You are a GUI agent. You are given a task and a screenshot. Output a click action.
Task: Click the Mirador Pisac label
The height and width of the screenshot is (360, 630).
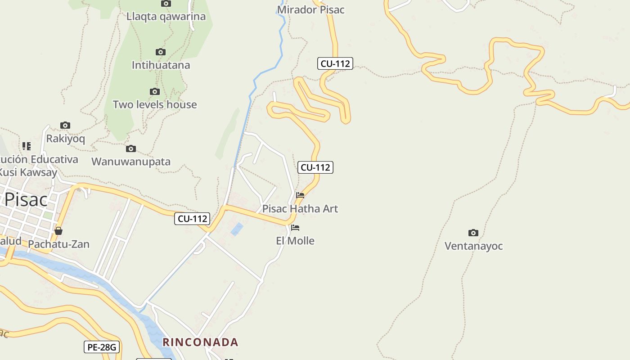click(x=310, y=10)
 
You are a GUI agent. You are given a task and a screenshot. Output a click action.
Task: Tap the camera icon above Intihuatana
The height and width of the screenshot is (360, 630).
click(x=161, y=52)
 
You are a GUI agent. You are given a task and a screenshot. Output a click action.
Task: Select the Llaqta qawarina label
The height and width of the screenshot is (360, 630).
click(x=166, y=17)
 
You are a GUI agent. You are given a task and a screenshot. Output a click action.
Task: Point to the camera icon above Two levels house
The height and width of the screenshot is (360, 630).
click(x=155, y=92)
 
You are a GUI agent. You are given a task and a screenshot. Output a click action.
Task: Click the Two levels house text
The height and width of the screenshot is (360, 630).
click(x=155, y=104)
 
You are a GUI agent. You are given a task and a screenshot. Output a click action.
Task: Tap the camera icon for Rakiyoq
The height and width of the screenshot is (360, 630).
click(x=65, y=126)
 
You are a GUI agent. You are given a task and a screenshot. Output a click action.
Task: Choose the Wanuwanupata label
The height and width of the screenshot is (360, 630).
click(x=131, y=162)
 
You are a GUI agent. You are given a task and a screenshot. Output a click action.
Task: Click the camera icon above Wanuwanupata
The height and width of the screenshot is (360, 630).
click(x=131, y=149)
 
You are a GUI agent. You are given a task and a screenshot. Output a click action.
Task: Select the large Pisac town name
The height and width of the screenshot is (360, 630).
click(x=26, y=199)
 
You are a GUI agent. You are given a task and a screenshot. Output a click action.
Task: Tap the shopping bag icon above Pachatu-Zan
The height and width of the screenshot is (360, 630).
click(x=58, y=231)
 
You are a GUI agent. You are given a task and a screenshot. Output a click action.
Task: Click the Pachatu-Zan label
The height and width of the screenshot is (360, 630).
click(x=58, y=244)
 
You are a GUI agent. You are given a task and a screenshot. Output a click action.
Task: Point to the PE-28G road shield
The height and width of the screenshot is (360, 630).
click(x=102, y=347)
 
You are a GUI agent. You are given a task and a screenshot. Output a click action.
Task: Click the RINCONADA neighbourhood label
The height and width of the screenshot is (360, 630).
click(x=200, y=342)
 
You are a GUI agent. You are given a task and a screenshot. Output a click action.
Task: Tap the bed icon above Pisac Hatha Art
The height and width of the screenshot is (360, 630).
click(x=300, y=195)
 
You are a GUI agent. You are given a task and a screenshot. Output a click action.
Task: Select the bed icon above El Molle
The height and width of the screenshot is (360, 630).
click(x=295, y=228)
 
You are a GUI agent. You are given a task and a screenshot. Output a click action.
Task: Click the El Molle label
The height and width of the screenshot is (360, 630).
click(x=295, y=241)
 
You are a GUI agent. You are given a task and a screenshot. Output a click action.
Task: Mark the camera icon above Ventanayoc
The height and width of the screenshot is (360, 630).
click(x=473, y=233)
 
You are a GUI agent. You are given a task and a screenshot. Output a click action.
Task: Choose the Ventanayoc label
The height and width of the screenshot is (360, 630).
click(x=473, y=246)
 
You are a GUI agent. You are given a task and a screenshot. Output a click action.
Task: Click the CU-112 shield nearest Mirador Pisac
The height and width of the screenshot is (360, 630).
click(x=335, y=63)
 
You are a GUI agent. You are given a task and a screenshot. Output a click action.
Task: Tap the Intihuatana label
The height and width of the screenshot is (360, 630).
click(x=161, y=65)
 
